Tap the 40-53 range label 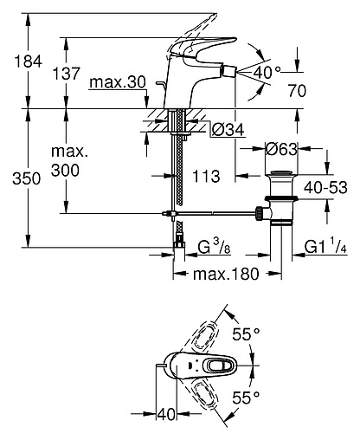pos(325,185)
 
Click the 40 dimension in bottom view pos(167,414)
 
